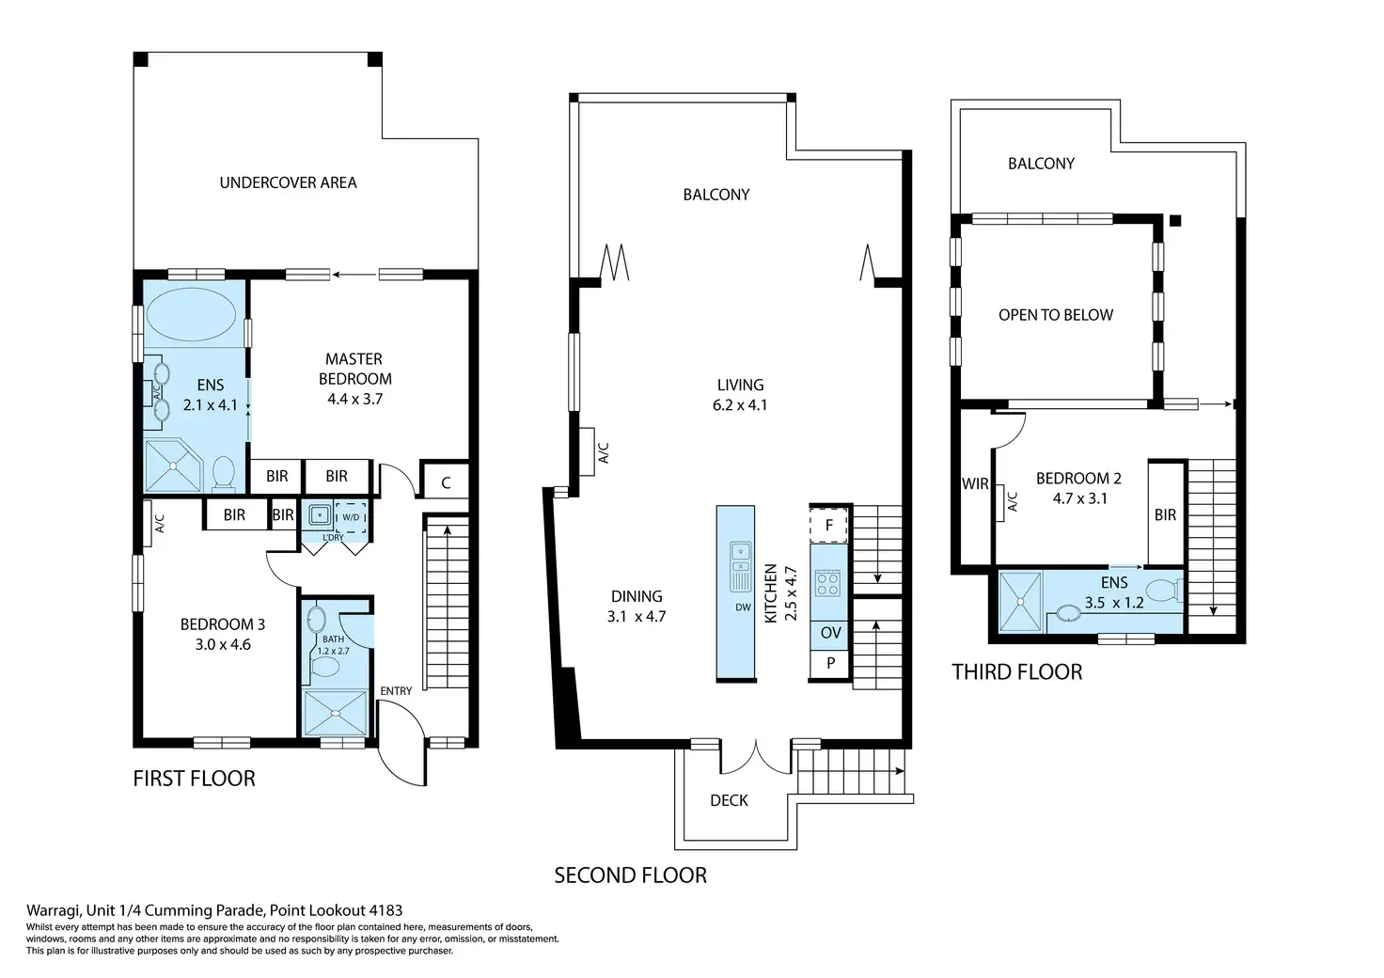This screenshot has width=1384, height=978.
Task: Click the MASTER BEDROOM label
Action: click(354, 369)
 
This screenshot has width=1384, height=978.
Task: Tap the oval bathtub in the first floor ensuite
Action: click(192, 314)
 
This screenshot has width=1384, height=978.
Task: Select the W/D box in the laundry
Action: click(351, 518)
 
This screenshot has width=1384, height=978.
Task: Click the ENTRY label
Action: click(396, 691)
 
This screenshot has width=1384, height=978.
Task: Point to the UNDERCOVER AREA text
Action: click(288, 182)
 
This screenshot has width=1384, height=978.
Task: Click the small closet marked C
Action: click(446, 482)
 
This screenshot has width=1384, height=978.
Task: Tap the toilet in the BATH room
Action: click(325, 667)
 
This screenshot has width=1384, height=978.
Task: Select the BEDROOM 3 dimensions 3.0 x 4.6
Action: click(223, 644)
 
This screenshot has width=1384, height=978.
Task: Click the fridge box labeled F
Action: click(828, 525)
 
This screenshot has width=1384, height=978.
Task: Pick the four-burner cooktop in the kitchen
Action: click(828, 583)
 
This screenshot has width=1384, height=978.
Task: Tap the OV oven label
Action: click(831, 633)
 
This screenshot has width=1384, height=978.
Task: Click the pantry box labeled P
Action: click(830, 664)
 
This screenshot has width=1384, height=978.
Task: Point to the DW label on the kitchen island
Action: click(743, 607)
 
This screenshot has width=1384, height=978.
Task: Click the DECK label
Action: click(729, 800)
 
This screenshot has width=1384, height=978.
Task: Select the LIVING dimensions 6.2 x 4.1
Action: click(740, 405)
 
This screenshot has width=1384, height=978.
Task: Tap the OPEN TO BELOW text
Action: click(1056, 315)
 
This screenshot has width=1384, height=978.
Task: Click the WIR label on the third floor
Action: click(975, 483)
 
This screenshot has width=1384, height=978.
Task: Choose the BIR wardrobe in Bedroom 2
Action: click(1166, 513)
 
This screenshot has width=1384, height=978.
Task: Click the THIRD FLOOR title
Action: click(1017, 672)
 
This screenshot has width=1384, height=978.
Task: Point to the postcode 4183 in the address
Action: click(385, 910)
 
